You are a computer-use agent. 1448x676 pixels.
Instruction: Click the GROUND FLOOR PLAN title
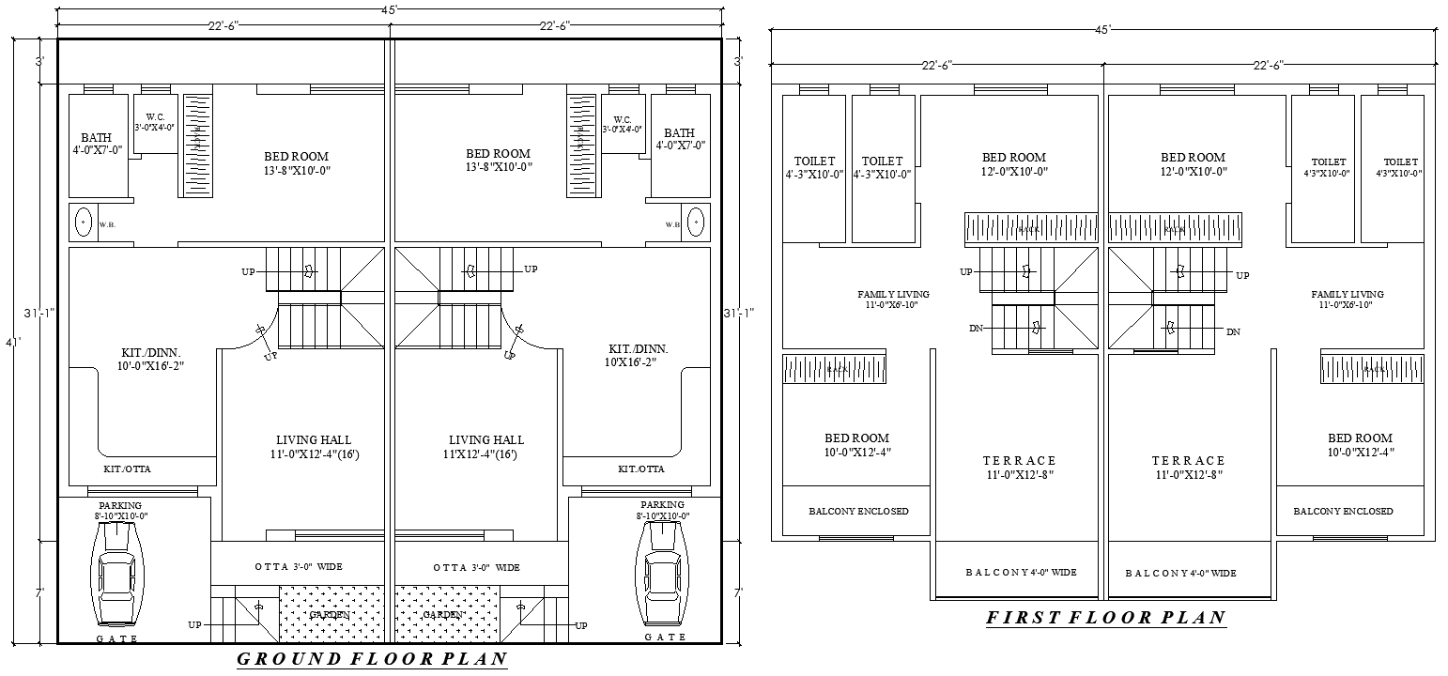371,658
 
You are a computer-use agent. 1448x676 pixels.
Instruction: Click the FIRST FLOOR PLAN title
1105,618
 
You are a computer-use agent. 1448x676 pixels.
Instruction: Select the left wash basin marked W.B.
83,223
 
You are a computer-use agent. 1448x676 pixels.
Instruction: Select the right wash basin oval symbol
696,223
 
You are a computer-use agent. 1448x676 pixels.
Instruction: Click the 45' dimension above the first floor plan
1103,29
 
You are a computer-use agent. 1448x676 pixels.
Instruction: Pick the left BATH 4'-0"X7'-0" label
96,143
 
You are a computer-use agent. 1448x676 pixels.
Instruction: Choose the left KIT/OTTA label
127,469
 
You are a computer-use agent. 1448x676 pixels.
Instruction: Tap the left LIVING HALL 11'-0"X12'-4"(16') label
314,447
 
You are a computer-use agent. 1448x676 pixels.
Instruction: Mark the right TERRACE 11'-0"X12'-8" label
1189,468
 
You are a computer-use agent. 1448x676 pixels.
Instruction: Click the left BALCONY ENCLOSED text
858,512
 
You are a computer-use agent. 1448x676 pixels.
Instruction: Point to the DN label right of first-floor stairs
1233,332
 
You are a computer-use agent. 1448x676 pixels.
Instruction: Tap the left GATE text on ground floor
117,638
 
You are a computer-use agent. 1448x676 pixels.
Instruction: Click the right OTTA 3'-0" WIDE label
476,568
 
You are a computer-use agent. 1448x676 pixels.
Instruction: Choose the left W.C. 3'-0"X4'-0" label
155,122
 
